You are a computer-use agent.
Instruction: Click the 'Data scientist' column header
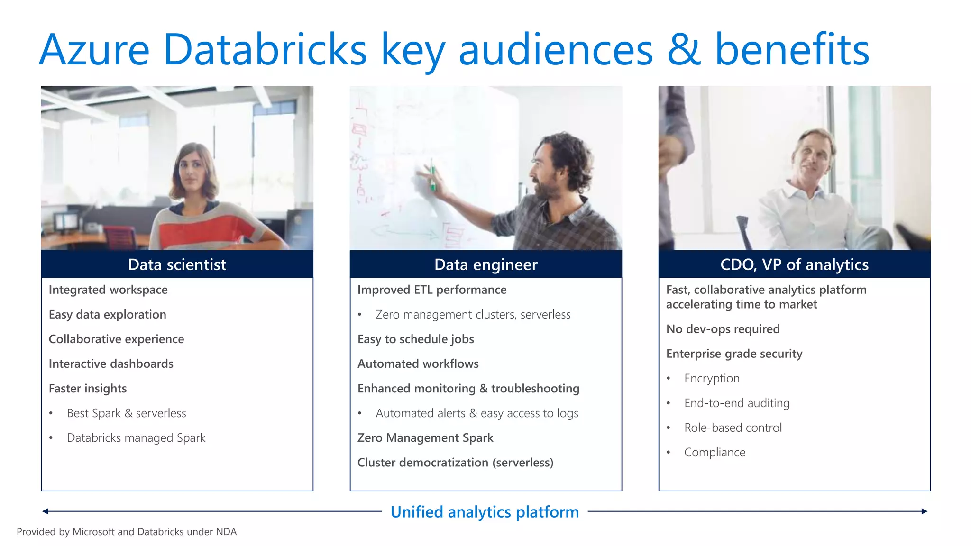(177, 264)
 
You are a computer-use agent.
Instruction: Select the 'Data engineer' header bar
(485, 264)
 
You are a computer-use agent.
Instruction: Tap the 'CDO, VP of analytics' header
(794, 264)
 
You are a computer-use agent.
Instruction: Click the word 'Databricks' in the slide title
(265, 49)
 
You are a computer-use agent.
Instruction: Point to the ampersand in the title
(683, 49)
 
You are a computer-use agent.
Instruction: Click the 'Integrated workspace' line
(108, 290)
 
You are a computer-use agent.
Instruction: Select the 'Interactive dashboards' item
(111, 364)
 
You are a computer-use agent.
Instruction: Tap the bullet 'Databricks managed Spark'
(136, 437)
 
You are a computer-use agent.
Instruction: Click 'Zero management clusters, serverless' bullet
(473, 314)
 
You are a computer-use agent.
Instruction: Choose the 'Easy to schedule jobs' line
(415, 339)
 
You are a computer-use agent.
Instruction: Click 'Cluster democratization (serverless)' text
(455, 462)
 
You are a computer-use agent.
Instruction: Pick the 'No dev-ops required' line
(723, 329)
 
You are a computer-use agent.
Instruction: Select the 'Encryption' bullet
(712, 378)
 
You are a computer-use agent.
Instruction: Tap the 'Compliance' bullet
(715, 452)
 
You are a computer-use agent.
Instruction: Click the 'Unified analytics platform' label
(485, 512)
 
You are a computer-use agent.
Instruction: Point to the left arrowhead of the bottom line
(46, 511)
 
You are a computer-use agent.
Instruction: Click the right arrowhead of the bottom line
(924, 511)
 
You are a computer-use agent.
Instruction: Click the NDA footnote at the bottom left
(127, 532)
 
